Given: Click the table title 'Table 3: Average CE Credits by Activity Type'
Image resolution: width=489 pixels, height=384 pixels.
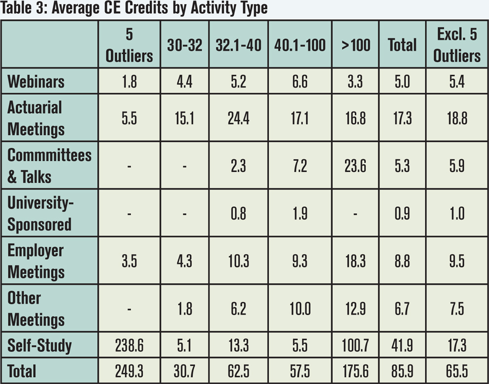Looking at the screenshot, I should pos(134,9).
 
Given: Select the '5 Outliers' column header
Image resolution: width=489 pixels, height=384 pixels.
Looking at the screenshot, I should pos(129,45).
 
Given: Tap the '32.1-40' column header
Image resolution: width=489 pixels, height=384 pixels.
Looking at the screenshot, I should pos(239,45).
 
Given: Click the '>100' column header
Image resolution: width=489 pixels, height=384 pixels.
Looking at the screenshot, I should pos(355,45).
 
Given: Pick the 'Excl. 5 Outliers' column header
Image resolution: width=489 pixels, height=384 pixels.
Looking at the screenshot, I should pos(456,45).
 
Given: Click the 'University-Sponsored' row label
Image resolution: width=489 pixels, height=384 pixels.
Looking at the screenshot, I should pos(40,213).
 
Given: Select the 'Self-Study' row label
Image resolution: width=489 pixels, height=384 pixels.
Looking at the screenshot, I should pos(40,346).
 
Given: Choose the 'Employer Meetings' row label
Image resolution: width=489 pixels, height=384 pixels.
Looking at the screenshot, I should pos(36,261).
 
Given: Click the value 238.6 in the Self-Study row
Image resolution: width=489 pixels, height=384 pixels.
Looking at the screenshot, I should pos(129,346).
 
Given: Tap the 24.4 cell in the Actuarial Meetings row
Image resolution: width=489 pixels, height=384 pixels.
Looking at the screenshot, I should pos(239,118).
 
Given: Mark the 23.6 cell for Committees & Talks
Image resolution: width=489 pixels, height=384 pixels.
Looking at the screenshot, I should pos(355,166).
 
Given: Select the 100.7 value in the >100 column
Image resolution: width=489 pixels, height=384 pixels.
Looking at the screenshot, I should pos(355,346).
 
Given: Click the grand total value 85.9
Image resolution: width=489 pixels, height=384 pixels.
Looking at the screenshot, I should pos(402,371).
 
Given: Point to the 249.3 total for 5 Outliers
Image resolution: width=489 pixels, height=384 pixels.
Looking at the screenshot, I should pos(129,371).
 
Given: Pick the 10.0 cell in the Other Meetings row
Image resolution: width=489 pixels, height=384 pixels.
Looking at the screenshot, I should pos(300,309).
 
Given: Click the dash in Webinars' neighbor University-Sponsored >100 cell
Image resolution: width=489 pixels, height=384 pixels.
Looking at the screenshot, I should pos(355,213).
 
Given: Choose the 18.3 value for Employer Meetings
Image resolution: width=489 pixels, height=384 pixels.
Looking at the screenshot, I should pos(355,261).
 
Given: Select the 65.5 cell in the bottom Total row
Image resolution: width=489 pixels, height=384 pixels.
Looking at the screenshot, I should pos(456,371).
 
